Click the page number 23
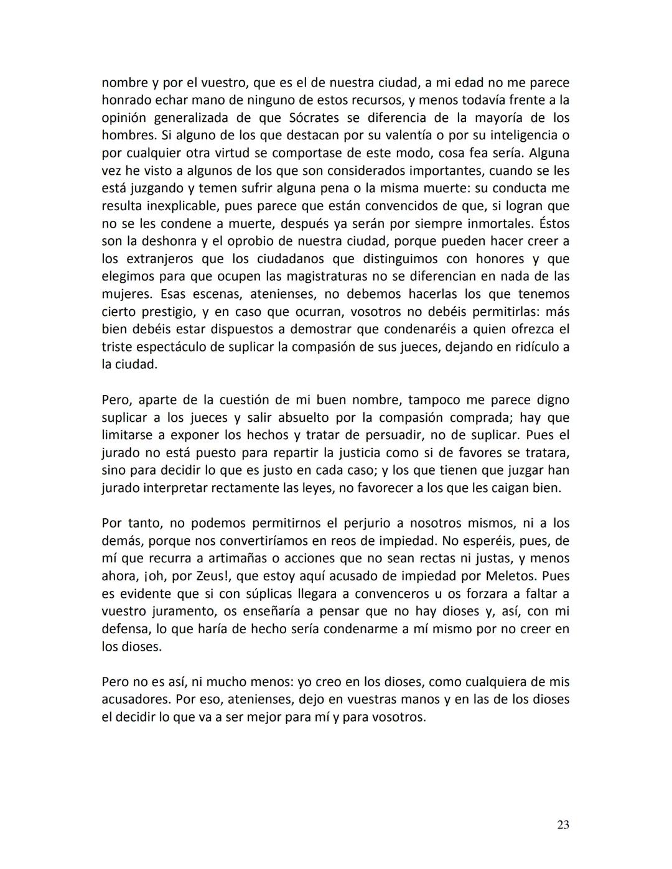pyautogui.click(x=562, y=825)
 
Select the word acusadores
pyautogui.click(x=134, y=699)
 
